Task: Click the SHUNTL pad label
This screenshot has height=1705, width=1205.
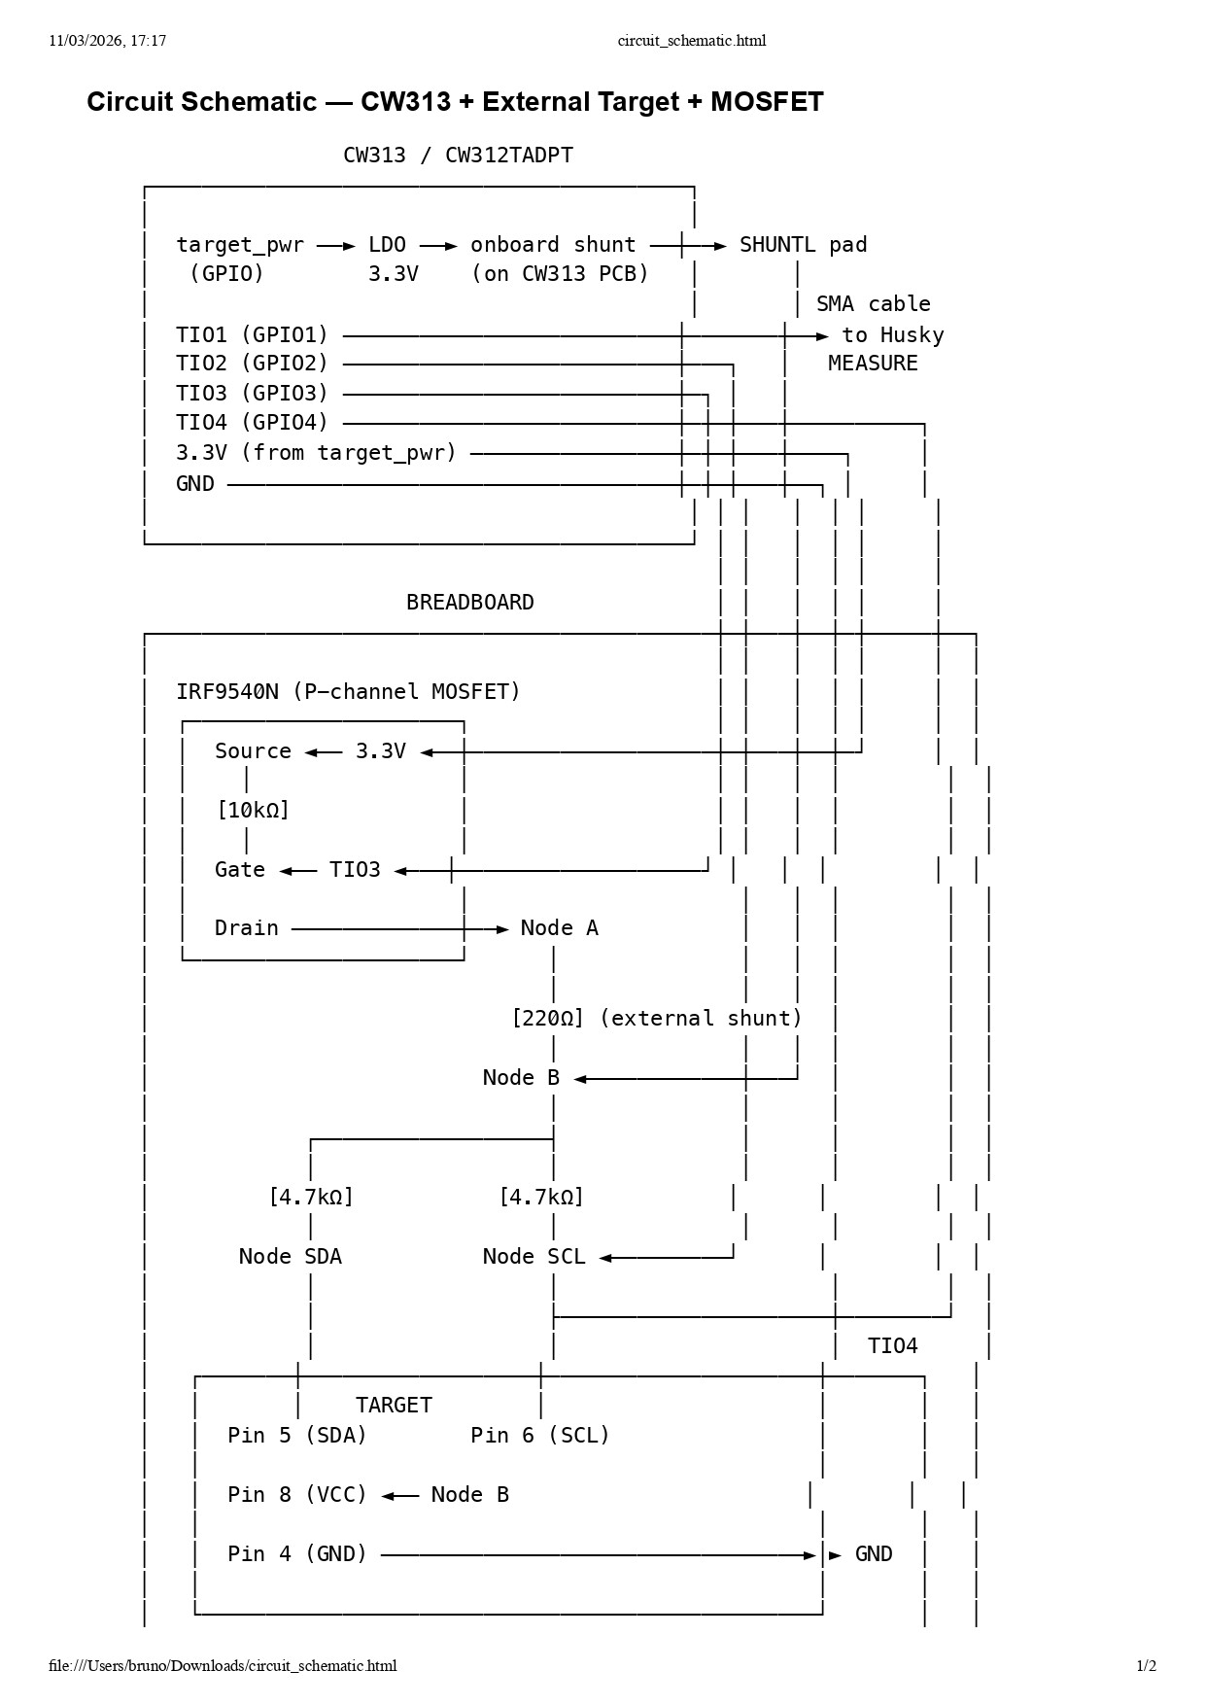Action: pos(803,245)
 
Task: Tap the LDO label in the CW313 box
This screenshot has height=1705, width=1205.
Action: pos(387,245)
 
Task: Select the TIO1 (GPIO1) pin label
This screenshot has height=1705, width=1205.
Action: pos(252,335)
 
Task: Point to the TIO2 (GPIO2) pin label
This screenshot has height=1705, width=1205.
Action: pos(252,364)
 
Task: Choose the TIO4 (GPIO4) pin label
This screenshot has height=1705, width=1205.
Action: pos(252,423)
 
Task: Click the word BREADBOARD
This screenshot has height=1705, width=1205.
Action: pos(469,603)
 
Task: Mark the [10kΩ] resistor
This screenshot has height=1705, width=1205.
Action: pos(253,810)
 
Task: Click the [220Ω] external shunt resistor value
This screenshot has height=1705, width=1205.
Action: pos(548,1019)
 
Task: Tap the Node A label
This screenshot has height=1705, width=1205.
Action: pos(559,928)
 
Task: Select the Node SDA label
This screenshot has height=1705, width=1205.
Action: pos(290,1257)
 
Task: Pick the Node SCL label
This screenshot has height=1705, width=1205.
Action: pos(534,1257)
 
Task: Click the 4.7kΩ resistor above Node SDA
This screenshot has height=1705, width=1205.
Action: pos(311,1198)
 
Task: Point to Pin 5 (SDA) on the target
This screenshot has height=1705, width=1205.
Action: pos(297,1436)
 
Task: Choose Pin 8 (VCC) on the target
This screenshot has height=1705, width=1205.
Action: pos(297,1495)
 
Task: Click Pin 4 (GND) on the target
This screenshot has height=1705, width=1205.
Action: pos(297,1554)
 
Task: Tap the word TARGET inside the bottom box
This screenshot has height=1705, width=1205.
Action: pos(394,1406)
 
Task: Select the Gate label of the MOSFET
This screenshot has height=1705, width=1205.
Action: pos(240,870)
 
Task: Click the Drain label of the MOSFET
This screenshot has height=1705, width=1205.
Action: pos(246,928)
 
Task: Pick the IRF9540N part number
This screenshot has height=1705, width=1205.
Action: pos(226,692)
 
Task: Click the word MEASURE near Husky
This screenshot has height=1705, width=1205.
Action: pos(872,364)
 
